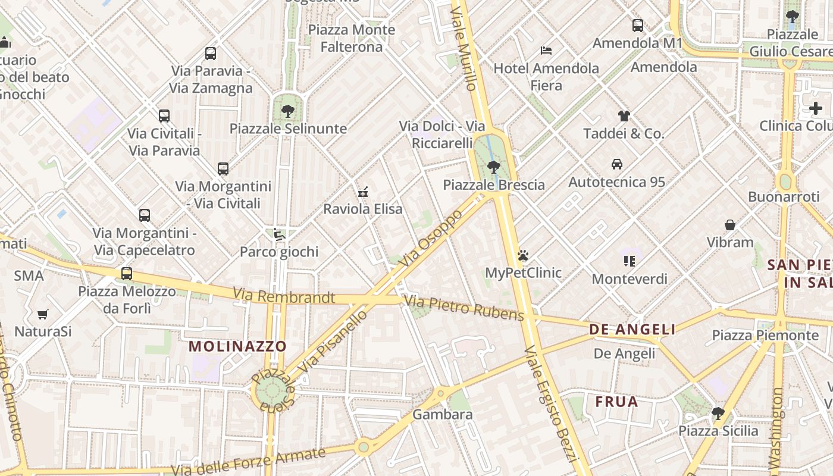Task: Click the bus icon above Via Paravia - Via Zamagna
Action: (x=211, y=54)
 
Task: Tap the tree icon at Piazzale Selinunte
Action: (x=288, y=111)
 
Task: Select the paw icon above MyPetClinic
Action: (x=523, y=255)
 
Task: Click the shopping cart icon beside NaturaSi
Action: (x=42, y=314)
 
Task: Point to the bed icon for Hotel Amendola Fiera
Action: (x=546, y=51)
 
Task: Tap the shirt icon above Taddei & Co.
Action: (x=624, y=115)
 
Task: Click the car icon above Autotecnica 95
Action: (x=617, y=164)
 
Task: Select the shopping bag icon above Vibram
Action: (x=730, y=225)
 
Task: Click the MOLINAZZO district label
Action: (x=237, y=346)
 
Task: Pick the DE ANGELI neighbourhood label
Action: (x=632, y=329)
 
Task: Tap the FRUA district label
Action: (x=616, y=402)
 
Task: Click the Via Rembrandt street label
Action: (x=284, y=296)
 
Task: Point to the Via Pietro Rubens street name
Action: (x=464, y=307)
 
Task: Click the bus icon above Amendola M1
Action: (x=638, y=26)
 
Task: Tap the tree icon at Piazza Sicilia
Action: (x=718, y=413)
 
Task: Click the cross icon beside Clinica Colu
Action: (x=816, y=108)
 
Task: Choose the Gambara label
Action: (x=442, y=414)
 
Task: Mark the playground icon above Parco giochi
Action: (x=279, y=234)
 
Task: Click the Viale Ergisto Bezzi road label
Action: (x=551, y=405)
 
